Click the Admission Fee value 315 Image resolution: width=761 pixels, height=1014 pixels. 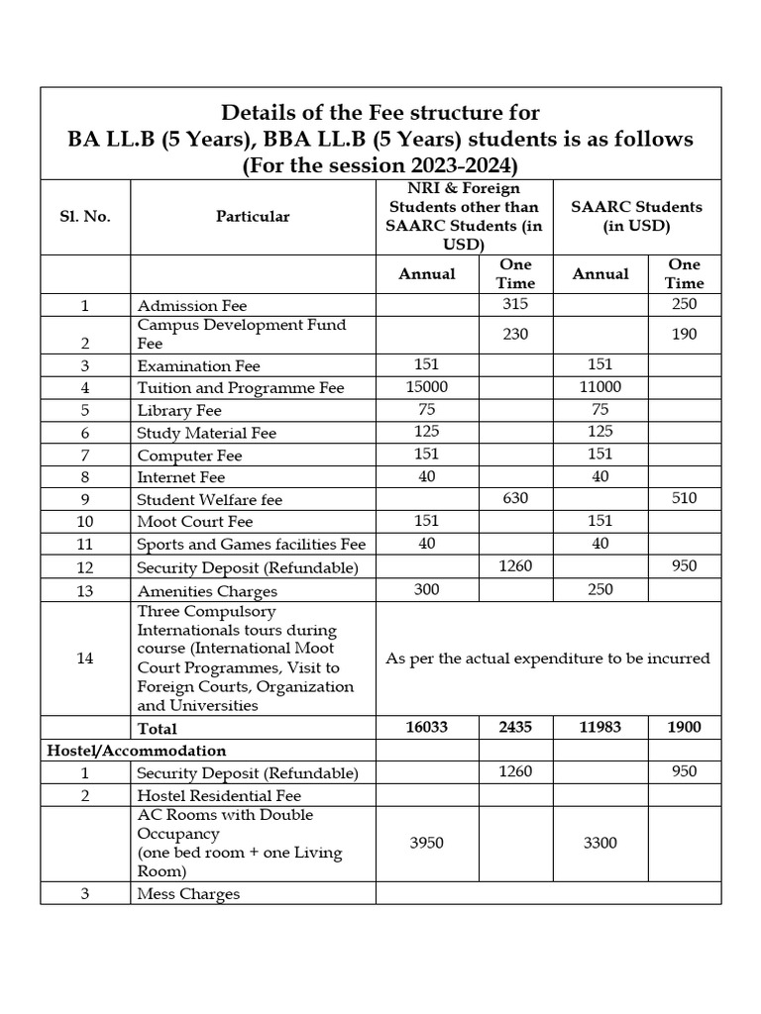tap(515, 304)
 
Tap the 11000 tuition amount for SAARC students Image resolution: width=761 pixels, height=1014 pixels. tap(600, 387)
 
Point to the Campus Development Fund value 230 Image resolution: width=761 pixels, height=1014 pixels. tap(515, 334)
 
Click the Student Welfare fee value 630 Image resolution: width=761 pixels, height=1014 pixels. tap(515, 498)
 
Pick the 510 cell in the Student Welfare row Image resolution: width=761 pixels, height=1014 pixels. tap(684, 498)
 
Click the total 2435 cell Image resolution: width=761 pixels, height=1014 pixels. tap(515, 727)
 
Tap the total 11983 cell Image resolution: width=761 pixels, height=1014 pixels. tap(600, 727)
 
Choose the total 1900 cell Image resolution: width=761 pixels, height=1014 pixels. tap(684, 727)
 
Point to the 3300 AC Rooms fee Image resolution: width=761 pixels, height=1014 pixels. tap(600, 843)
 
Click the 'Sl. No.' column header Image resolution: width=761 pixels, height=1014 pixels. tap(84, 217)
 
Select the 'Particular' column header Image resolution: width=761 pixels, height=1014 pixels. tap(253, 217)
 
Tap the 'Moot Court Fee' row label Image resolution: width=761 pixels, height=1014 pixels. tap(195, 521)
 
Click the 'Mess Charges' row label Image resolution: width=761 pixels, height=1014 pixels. tap(188, 894)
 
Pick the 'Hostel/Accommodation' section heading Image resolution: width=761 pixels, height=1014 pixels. tap(137, 751)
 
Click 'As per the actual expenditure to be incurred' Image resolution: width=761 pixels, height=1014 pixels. tap(548, 658)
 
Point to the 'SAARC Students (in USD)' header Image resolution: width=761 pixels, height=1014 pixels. tap(637, 216)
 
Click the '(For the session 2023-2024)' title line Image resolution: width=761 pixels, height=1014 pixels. tap(380, 165)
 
